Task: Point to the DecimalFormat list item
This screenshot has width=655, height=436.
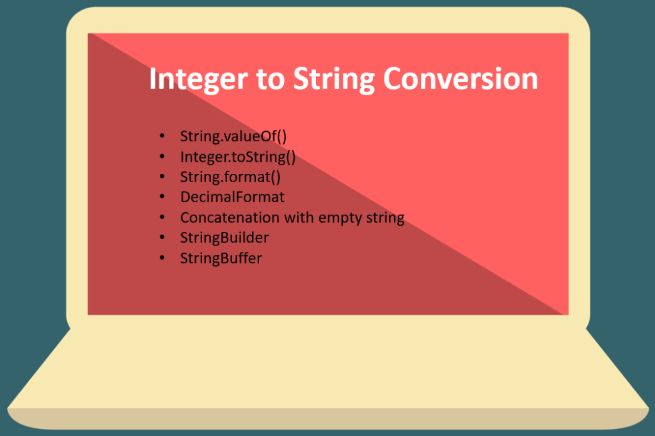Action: coord(232,197)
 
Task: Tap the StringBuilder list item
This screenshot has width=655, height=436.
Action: coord(225,238)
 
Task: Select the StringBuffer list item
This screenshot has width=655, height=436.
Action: coord(221,258)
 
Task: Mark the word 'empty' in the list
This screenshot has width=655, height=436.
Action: coord(339,218)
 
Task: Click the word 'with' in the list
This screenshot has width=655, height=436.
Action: coord(297,217)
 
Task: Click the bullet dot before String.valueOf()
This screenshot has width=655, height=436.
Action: coord(164,136)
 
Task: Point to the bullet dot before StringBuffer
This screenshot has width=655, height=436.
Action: coord(164,258)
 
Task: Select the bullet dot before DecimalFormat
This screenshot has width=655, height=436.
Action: coord(164,197)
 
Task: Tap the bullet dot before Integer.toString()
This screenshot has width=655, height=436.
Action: coord(164,157)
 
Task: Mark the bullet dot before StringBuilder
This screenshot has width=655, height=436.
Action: coord(164,238)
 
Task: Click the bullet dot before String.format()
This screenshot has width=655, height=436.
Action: coord(164,176)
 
